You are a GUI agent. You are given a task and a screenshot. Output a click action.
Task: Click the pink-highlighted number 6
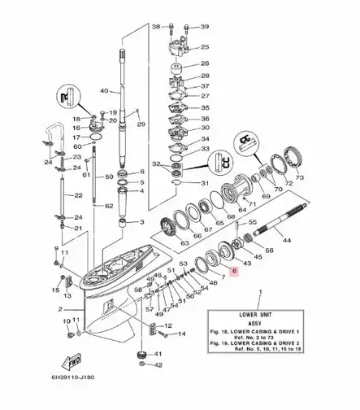click(x=235, y=274)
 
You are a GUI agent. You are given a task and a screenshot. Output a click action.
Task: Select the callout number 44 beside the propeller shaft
click(x=285, y=242)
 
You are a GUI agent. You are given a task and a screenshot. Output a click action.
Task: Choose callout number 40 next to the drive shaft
click(x=104, y=89)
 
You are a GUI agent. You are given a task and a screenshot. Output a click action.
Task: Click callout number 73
click(x=300, y=177)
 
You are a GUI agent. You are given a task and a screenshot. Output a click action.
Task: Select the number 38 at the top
click(x=156, y=27)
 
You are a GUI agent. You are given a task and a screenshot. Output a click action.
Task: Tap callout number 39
click(x=205, y=27)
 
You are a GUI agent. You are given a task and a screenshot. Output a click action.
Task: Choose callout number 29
click(x=141, y=124)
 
